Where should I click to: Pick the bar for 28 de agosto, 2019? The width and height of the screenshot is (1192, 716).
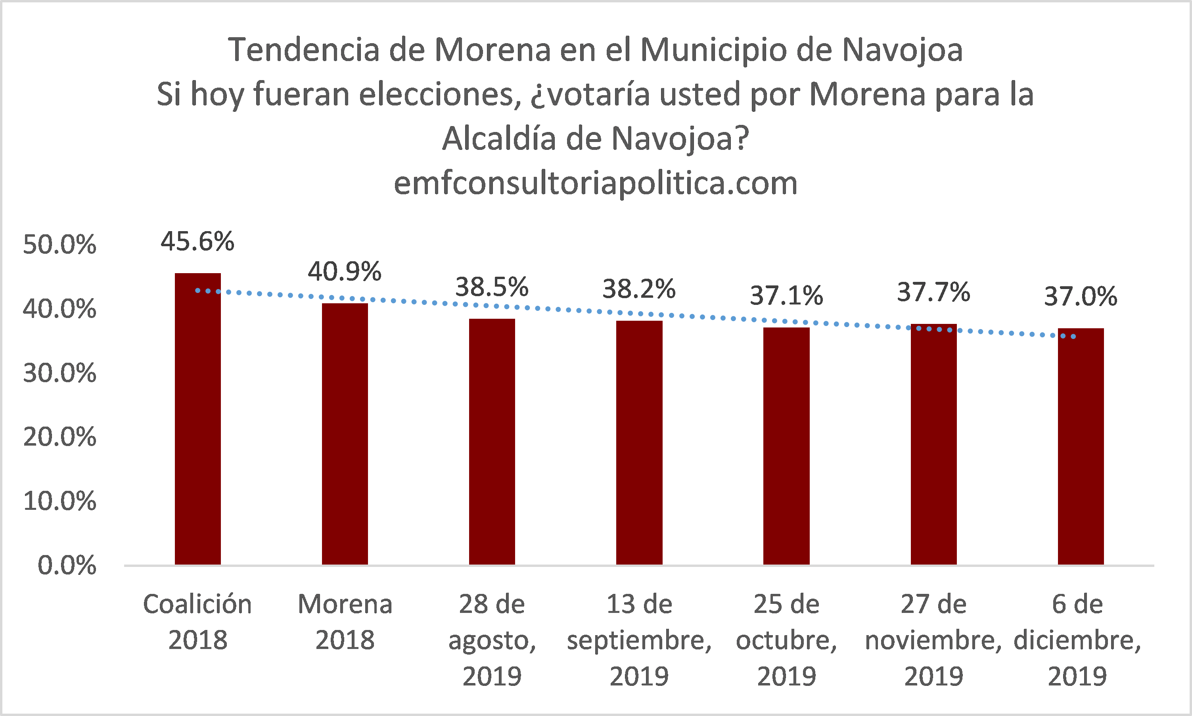coord(492,442)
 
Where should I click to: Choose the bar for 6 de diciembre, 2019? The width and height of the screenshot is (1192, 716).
coord(1081,446)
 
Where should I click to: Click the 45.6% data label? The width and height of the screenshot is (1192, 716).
coord(197,241)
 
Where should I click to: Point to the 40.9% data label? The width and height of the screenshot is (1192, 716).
coord(345,271)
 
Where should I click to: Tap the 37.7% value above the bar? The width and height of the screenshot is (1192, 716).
coord(933,292)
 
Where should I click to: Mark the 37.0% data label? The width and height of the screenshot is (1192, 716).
coord(1081,296)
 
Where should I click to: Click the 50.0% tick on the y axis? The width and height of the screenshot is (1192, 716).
coord(59,245)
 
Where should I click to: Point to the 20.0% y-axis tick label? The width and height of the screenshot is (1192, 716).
coord(59,437)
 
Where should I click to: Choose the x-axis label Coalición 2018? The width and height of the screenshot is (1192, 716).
coord(197,622)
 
